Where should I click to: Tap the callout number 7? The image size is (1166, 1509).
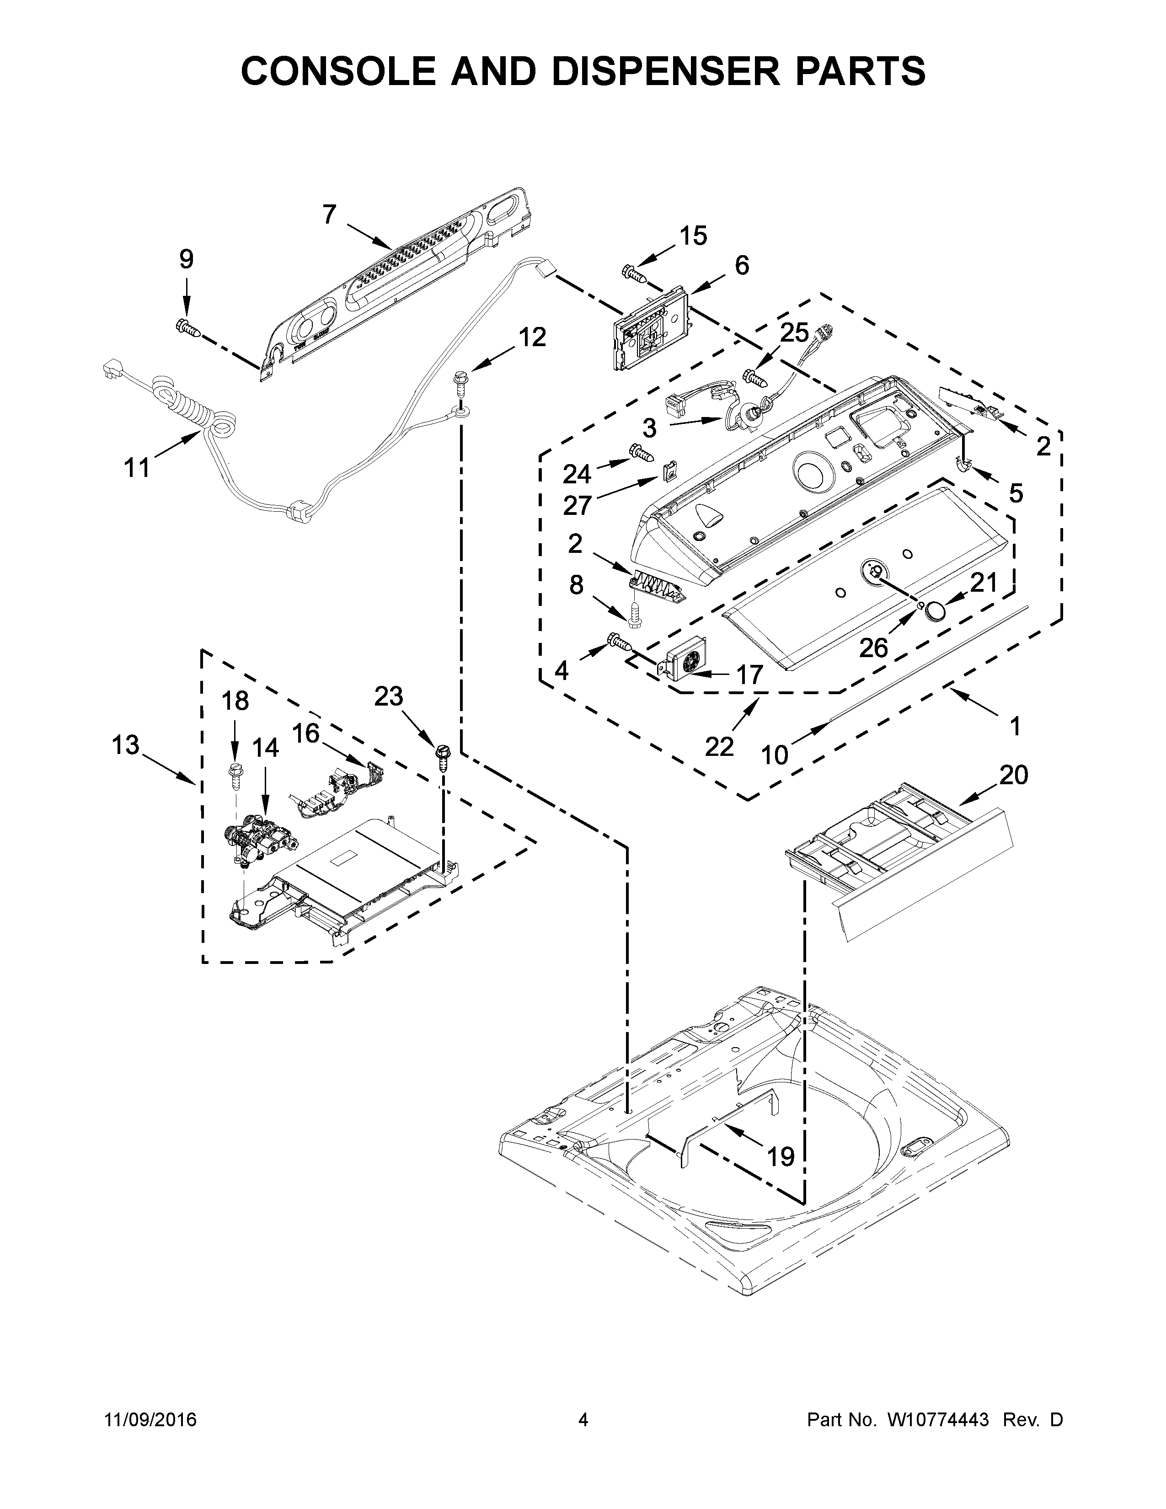coord(330,215)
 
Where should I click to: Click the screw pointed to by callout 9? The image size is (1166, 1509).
coord(188,327)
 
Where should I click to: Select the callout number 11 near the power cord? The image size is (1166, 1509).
coord(137,468)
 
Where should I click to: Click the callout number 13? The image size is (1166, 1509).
coord(126,745)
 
